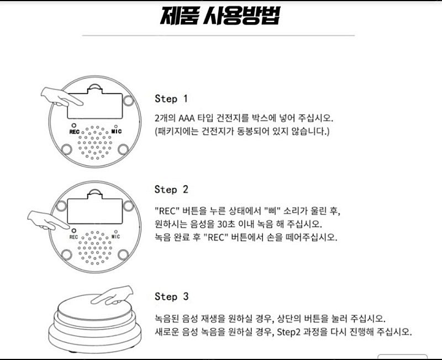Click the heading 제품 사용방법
220,16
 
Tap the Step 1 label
171,99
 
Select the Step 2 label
171,189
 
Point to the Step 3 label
171,297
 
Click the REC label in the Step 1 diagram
75,132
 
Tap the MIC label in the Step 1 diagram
117,131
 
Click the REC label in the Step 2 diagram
73,237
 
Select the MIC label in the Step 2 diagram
115,236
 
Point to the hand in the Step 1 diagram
61,97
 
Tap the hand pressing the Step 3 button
113,296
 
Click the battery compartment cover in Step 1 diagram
95,103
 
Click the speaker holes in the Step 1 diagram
95,142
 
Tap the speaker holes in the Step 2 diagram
95,248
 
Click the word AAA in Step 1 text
187,118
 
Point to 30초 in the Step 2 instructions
225,224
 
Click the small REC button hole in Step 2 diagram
73,231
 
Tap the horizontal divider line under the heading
218,35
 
